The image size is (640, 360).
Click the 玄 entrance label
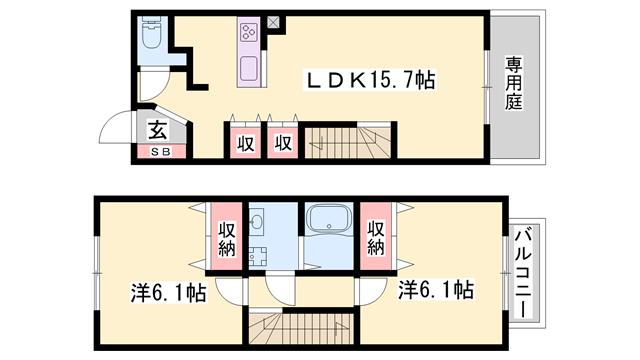point(158,129)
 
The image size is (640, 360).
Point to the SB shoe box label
point(160,152)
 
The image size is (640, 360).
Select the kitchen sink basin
point(248,70)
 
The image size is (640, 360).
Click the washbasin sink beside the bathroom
point(257,221)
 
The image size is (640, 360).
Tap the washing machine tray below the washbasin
point(255,255)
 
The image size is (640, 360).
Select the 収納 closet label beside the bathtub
point(376,238)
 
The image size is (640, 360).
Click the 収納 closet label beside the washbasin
point(227,238)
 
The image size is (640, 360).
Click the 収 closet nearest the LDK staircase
point(283,143)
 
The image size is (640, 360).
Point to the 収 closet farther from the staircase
point(245,143)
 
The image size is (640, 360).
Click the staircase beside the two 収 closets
point(350,142)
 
